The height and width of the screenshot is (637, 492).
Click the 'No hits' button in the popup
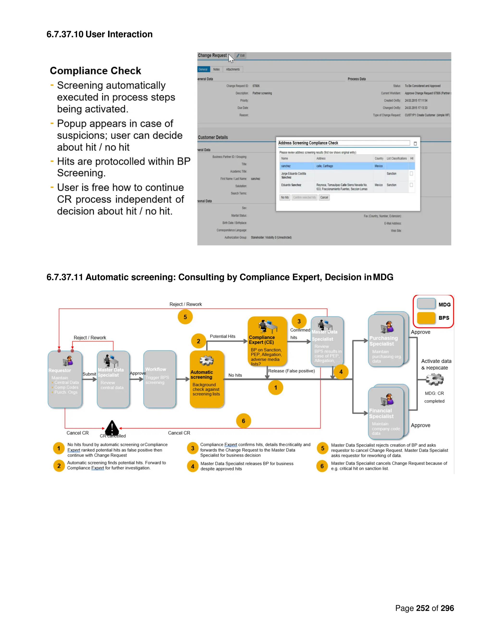point(284,197)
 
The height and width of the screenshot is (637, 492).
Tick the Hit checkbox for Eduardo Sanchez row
point(411,185)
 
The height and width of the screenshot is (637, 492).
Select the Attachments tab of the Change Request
point(233,69)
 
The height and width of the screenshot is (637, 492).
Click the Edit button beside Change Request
point(240,56)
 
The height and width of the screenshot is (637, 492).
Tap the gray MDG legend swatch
point(426,304)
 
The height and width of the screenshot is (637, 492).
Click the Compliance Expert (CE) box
point(267,341)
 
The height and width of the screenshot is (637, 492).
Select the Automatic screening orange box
point(207,379)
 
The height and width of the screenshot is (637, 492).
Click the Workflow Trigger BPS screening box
point(160,379)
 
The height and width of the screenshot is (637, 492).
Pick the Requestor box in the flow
point(65,379)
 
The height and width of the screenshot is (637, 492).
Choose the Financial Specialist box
point(386,413)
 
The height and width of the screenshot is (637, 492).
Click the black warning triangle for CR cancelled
point(112,428)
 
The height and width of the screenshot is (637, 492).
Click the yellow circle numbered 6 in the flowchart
point(243,421)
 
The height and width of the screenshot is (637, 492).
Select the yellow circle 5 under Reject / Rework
point(185,317)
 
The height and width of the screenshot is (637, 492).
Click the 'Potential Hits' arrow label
point(222,336)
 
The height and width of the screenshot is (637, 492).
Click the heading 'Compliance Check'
point(95,71)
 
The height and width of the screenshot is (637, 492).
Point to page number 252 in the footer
point(422,608)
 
